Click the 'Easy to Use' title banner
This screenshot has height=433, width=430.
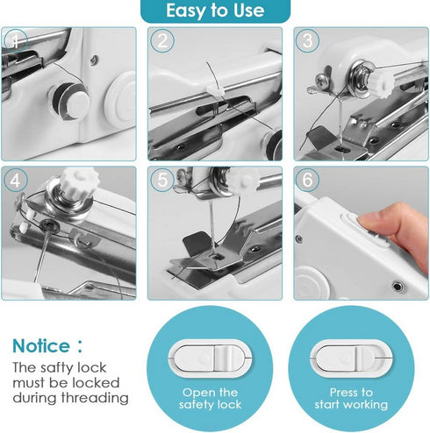click(x=215, y=11)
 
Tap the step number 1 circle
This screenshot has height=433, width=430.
click(x=18, y=41)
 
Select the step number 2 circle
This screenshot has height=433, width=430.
click(x=161, y=41)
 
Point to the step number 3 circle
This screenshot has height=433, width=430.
click(x=306, y=41)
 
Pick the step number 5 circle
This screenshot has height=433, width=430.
click(x=161, y=181)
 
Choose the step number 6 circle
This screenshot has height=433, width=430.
click(x=306, y=181)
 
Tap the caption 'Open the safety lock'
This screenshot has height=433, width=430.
click(x=211, y=399)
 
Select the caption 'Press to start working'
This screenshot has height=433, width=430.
click(x=351, y=399)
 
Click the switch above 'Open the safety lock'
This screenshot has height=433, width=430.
click(x=211, y=356)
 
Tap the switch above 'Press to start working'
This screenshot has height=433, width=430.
click(x=351, y=356)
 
